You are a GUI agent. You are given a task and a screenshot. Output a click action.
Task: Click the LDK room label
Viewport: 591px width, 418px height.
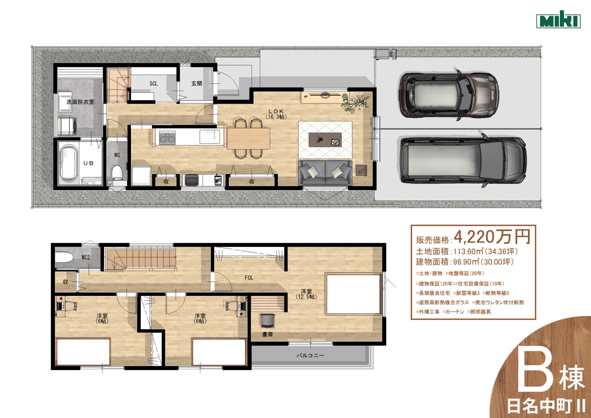[x=276, y=114]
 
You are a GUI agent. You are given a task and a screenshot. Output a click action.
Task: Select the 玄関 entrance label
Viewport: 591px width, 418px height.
[x=197, y=83]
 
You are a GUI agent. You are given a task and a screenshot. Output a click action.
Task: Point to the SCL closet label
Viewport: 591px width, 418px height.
[x=154, y=83]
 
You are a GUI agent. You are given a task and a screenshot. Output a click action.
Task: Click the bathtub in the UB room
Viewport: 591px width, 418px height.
[x=68, y=163]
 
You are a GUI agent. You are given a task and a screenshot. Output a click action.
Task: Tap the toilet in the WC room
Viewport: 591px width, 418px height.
[x=117, y=172]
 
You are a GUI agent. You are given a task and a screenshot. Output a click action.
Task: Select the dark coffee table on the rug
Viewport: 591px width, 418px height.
[x=325, y=140]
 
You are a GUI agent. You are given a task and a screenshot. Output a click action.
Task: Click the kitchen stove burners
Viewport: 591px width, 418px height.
[x=167, y=137]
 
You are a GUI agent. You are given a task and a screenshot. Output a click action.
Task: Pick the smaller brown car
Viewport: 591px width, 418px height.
[x=448, y=95]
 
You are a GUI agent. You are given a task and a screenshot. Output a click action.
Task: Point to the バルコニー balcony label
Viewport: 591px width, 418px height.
[x=310, y=355]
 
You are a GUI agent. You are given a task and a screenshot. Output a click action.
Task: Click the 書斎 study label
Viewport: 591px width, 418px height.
[x=267, y=334]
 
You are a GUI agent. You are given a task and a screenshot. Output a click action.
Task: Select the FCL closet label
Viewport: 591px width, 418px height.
[x=249, y=278]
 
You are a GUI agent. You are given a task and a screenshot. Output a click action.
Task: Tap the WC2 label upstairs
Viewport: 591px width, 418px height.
[x=86, y=257]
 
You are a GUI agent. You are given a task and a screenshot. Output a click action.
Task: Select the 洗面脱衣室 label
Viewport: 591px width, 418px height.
[x=80, y=102]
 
